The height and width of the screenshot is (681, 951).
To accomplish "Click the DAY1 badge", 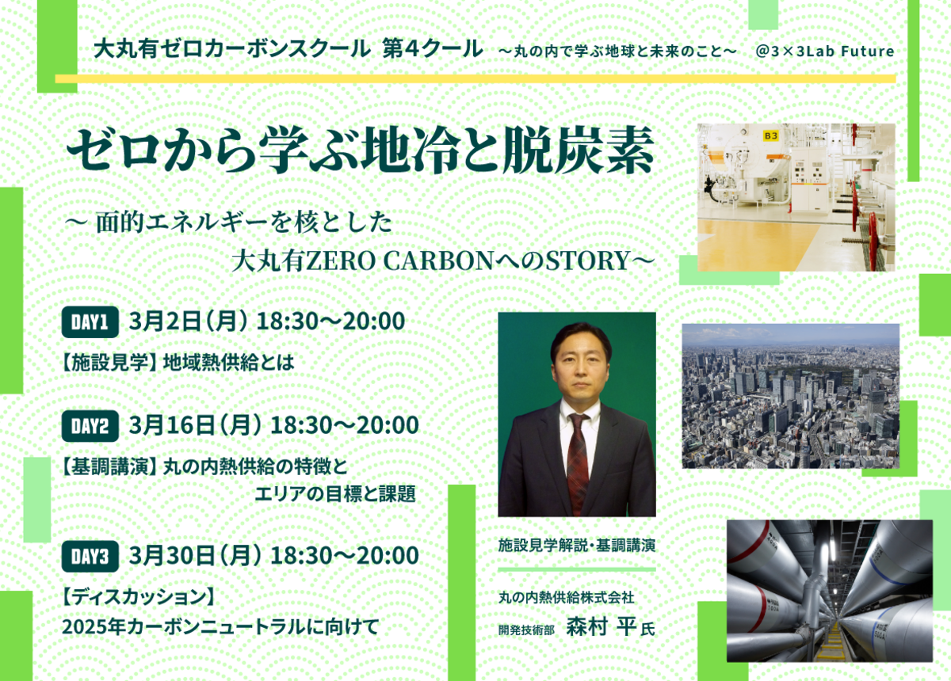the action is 90,322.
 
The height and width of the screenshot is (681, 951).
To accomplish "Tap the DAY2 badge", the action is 90,426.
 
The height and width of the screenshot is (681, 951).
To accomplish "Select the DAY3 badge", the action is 90,556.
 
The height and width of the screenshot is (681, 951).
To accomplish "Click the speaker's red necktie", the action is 578,462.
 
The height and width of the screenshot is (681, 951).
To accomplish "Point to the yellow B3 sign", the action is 770,135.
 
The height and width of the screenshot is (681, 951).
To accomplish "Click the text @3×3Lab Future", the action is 825,51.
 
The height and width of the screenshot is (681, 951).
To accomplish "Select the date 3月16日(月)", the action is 196,425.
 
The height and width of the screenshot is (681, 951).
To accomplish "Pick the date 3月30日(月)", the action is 196,555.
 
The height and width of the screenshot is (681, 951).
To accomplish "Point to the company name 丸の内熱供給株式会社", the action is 567,598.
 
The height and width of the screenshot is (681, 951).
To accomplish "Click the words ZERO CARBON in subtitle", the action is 399,261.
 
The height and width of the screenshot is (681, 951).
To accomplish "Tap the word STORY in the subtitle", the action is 587,261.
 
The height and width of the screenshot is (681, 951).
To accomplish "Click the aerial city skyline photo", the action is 791,396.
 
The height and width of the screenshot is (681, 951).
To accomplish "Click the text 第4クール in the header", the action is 433,48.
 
